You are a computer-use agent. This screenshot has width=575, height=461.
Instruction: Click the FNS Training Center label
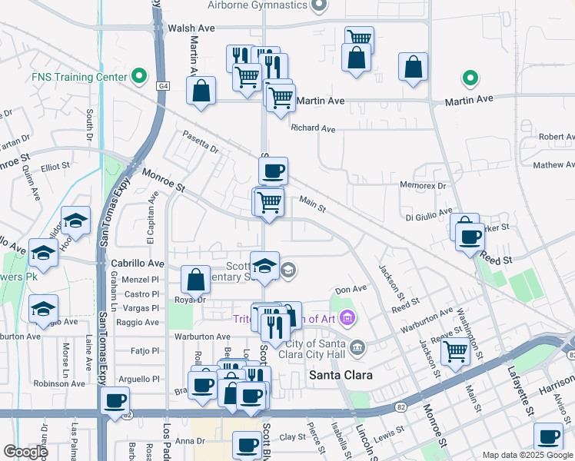tap(79, 77)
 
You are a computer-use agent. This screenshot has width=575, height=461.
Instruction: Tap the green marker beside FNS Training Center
tap(138, 76)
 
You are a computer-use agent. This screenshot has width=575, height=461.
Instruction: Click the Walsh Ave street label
tap(191, 28)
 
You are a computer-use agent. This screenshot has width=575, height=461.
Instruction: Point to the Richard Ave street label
tap(313, 129)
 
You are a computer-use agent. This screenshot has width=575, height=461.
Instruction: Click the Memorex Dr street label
tap(423, 185)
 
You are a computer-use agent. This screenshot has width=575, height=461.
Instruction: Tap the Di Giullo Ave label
tap(428, 217)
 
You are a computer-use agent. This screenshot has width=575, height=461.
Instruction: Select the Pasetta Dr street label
tap(201, 141)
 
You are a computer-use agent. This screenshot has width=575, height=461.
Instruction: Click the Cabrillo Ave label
tap(138, 262)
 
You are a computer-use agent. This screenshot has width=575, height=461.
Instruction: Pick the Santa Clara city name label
tap(341, 376)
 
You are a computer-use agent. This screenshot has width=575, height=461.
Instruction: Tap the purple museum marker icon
tap(347, 317)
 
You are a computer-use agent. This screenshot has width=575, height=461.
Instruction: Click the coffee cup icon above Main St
tap(274, 170)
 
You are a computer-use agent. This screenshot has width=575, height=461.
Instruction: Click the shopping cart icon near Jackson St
tap(456, 352)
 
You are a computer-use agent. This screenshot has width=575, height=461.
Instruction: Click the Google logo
tap(25, 452)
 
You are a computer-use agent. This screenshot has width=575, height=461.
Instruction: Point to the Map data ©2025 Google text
tap(527, 455)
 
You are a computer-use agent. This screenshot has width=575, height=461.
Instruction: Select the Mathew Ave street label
tap(553, 164)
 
